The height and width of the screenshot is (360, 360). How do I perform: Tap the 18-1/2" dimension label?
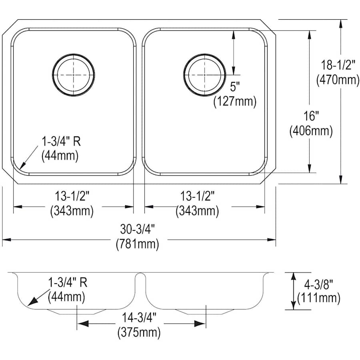(x=338, y=65)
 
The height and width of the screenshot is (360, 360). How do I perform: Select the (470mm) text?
(x=338, y=80)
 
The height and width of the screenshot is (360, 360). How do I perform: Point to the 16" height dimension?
(x=311, y=116)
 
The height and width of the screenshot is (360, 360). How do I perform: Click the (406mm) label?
(x=311, y=131)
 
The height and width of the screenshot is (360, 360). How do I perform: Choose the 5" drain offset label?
(x=235, y=86)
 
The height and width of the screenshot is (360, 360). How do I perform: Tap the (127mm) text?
(x=235, y=101)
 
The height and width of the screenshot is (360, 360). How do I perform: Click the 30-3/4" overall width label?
(x=137, y=229)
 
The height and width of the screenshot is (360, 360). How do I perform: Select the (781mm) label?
(x=137, y=244)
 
